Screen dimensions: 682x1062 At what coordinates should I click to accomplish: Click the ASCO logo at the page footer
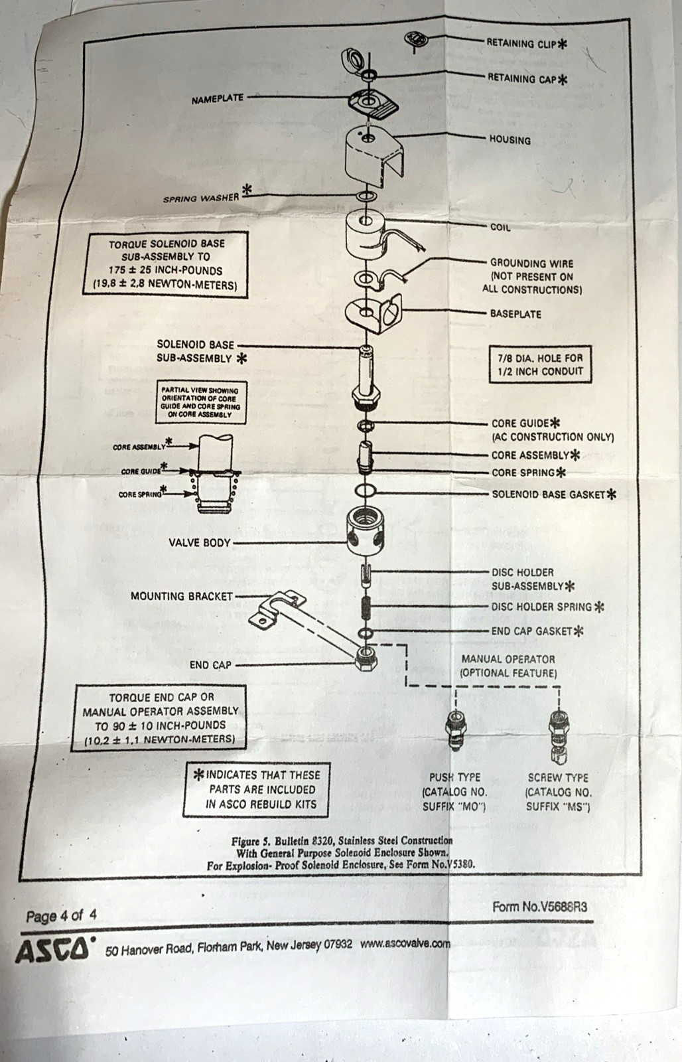(52, 948)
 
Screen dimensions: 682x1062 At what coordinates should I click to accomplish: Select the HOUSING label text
(510, 140)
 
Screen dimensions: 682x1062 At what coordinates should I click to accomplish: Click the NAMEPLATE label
(218, 99)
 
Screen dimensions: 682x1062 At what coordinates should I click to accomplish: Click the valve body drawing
(368, 531)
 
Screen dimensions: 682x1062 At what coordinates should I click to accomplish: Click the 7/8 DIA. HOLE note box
(540, 364)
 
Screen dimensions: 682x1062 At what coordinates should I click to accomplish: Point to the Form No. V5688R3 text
(540, 907)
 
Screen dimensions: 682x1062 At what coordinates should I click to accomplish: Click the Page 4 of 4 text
(61, 916)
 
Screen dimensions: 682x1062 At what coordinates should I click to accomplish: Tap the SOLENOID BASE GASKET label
(549, 494)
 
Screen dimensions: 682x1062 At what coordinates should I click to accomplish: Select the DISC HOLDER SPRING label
(541, 607)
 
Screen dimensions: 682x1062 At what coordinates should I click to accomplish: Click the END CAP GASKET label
(532, 631)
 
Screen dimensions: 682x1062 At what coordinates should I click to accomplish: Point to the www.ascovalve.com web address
(405, 943)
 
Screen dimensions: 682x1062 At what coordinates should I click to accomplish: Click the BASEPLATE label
(515, 314)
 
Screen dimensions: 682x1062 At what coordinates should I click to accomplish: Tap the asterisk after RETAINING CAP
(562, 79)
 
